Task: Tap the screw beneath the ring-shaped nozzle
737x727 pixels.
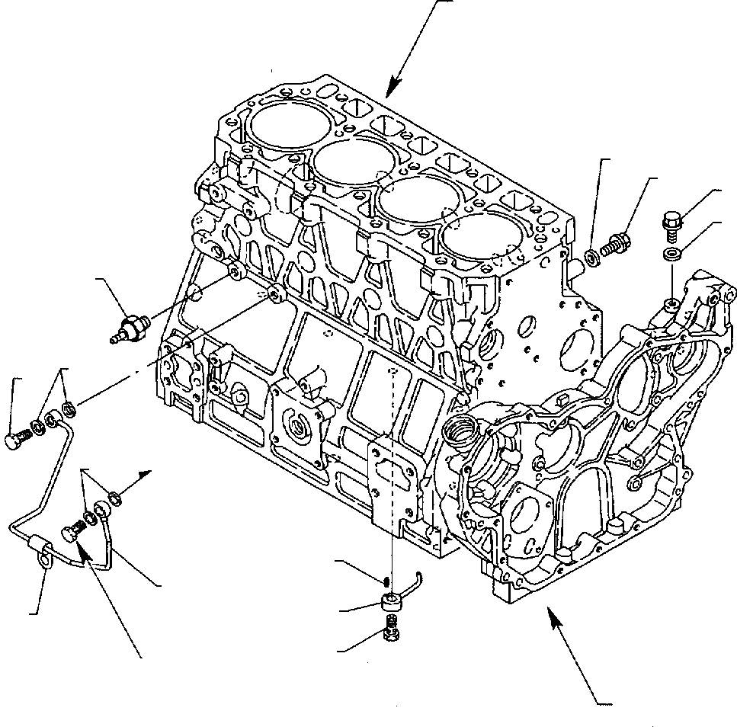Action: [392, 630]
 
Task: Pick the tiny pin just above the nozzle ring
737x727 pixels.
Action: [389, 581]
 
